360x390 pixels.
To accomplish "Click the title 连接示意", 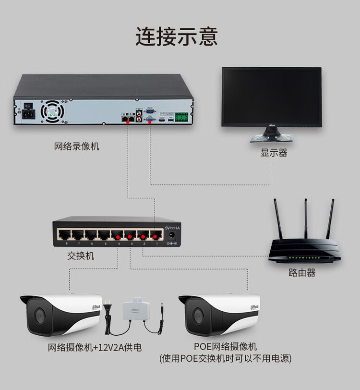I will coord(176,37).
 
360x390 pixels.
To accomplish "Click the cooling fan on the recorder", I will coord(52,110).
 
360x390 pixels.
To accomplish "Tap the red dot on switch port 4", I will coord(117,237).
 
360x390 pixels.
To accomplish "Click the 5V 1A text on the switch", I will coord(172,227).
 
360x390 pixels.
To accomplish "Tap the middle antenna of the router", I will coord(305,219).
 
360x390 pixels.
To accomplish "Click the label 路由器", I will coord(302,273).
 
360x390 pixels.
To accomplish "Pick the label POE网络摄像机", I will coord(225,347).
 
